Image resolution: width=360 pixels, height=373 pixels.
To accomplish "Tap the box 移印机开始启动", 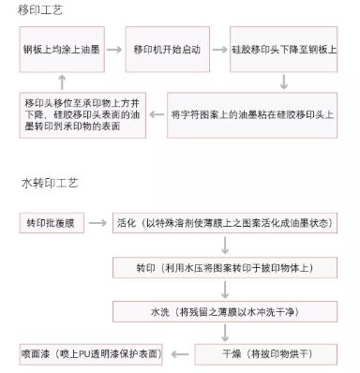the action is pyautogui.click(x=166, y=49).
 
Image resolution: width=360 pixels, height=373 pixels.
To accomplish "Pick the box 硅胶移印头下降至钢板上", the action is pyautogui.click(x=285, y=49).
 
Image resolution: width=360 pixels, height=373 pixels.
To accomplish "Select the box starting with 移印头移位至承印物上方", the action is pyautogui.click(x=82, y=115).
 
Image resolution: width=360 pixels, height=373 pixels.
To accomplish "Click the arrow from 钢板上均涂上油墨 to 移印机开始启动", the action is pyautogui.click(x=113, y=49).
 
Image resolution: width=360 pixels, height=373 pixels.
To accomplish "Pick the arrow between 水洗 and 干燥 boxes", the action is pyautogui.click(x=225, y=333).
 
